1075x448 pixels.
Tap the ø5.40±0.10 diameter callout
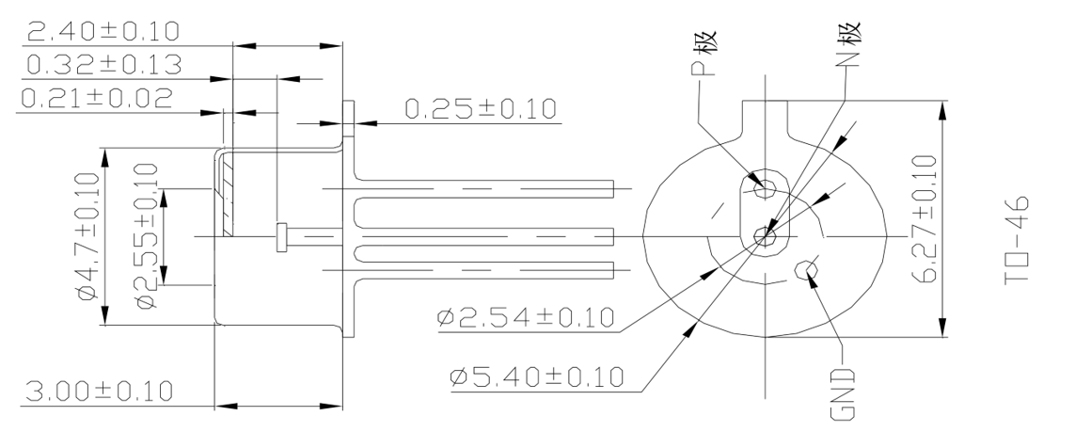tap(537, 376)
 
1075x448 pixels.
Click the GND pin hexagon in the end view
tap(804, 270)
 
